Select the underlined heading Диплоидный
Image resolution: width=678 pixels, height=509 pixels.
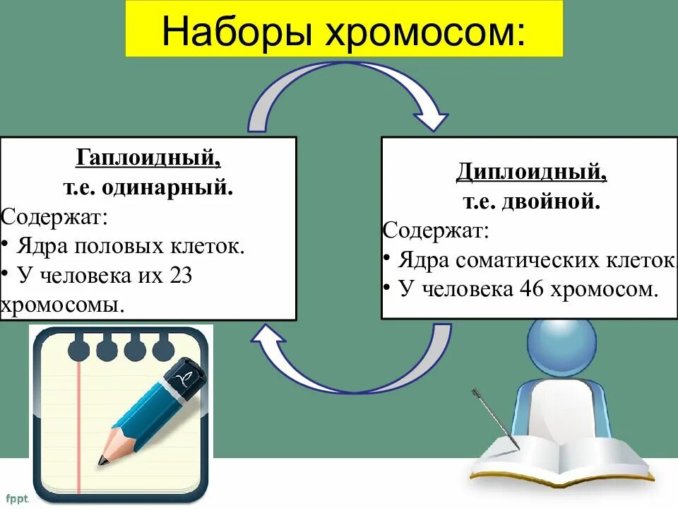[530, 171]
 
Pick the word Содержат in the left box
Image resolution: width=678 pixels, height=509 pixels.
[54, 216]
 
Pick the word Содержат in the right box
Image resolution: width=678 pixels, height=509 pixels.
[435, 230]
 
